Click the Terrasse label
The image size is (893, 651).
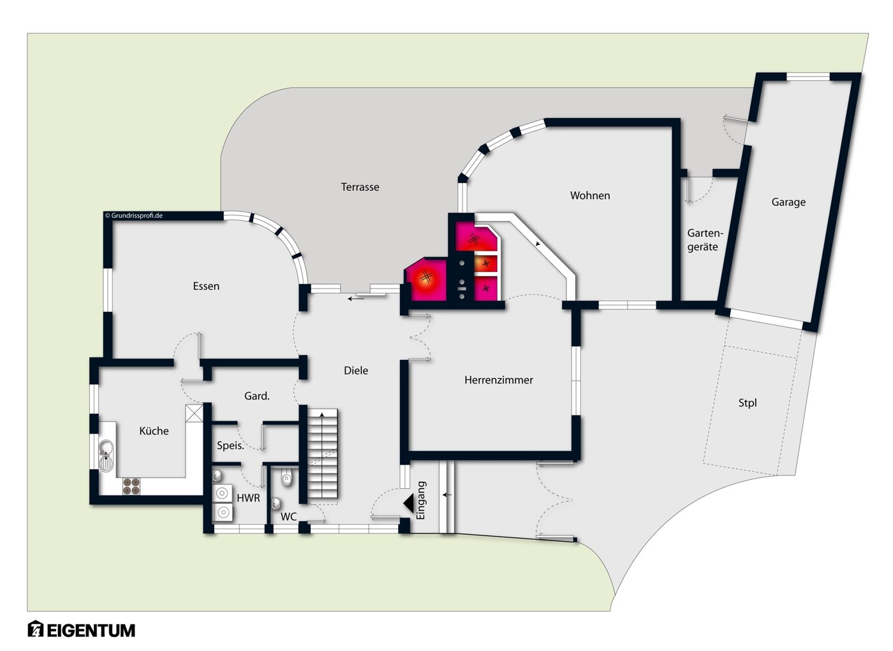point(360,187)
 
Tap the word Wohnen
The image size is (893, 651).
point(590,195)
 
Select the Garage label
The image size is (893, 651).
point(788,202)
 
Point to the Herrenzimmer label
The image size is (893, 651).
point(498,380)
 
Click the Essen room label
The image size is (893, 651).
point(206,286)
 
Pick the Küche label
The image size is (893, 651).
point(154,431)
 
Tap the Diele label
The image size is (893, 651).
point(356,370)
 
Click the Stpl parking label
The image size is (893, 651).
point(748,403)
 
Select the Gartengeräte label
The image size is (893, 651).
point(702,240)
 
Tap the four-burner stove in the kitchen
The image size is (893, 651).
point(131,486)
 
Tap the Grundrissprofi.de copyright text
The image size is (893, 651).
point(133,216)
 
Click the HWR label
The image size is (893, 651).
point(248,497)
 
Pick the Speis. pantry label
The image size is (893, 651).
point(230,445)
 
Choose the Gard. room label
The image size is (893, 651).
point(256,396)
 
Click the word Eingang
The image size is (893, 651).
point(421,500)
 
